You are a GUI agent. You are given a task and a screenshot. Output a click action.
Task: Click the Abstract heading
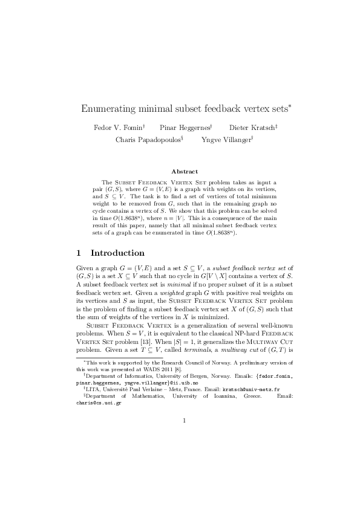[185, 172]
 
